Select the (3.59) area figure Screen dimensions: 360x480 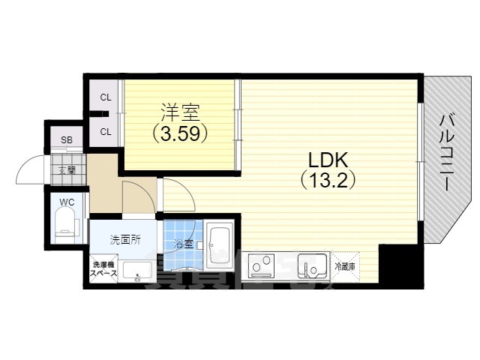179,134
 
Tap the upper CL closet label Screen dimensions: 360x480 106,97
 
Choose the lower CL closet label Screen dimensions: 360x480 106,132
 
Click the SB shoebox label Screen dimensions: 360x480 67,140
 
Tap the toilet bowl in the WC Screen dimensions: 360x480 67,223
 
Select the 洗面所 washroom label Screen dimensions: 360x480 125,240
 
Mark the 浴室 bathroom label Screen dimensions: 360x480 184,243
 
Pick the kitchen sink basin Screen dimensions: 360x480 310,267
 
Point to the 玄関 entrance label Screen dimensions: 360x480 67,169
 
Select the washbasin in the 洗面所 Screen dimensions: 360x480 136,271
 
